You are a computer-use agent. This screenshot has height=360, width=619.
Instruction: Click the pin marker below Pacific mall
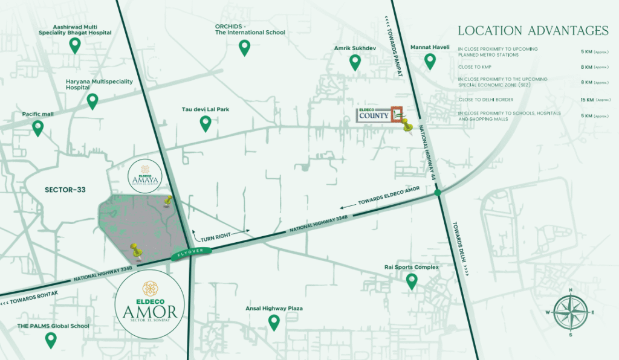(38, 127)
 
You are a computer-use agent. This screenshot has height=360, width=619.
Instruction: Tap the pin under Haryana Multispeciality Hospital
(92, 101)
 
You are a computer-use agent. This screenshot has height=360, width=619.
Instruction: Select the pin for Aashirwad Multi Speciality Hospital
(75, 45)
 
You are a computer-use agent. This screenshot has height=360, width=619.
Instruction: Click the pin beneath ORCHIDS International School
(244, 48)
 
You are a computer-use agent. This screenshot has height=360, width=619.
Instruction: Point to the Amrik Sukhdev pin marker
(355, 62)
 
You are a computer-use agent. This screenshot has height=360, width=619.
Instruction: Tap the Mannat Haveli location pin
(430, 61)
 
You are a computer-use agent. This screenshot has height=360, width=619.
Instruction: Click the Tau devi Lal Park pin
(206, 124)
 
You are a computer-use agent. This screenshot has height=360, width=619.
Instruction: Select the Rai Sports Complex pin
(412, 281)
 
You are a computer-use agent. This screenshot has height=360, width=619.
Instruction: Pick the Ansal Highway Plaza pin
(274, 323)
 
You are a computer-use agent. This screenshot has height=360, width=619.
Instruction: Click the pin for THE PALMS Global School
(51, 341)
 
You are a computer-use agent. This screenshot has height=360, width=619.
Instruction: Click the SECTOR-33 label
(65, 190)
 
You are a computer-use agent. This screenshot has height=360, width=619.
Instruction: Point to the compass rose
(571, 312)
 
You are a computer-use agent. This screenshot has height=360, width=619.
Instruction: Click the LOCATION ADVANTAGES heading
(533, 30)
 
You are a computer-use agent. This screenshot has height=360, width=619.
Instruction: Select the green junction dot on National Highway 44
(437, 193)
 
